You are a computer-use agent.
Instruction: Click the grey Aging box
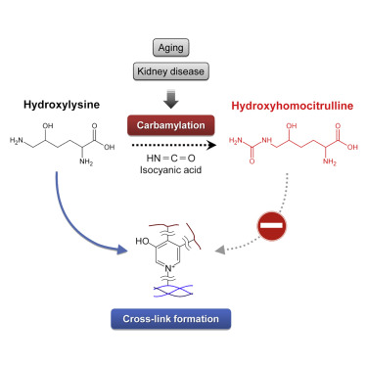click(x=183, y=45)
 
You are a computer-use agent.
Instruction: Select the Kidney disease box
click(x=183, y=70)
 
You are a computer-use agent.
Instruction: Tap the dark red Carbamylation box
click(x=183, y=123)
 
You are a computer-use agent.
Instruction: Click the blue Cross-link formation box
click(x=184, y=318)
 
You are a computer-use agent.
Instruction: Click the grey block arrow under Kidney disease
click(x=183, y=96)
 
